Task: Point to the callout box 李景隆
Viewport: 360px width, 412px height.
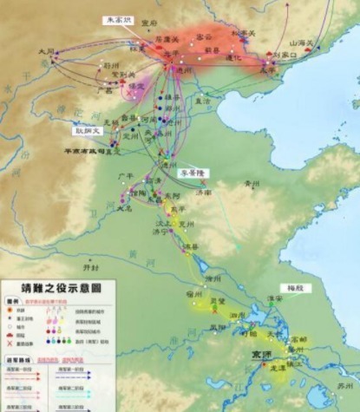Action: point(193,173)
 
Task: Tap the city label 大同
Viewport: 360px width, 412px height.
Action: point(46,52)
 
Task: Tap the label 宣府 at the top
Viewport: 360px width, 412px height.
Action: point(151,25)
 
